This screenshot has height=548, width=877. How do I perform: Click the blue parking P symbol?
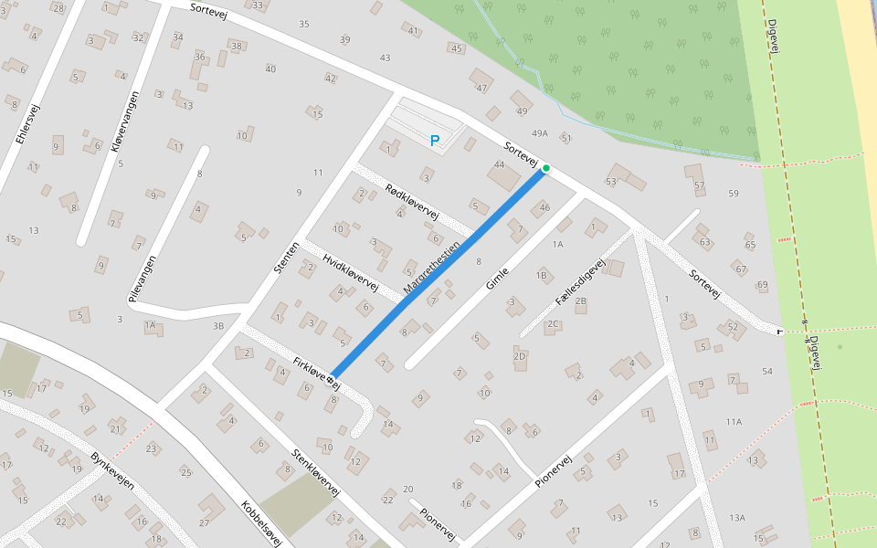point(435,141)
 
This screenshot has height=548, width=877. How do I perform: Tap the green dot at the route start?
point(546,168)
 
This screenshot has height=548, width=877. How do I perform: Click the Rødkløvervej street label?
point(412,202)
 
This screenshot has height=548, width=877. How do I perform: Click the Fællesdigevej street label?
point(580,282)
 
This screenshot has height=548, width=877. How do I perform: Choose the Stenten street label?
point(286,258)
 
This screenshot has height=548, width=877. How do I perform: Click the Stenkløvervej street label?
point(315,472)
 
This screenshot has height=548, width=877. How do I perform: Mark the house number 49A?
point(540,133)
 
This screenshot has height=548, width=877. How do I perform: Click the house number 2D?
point(520,356)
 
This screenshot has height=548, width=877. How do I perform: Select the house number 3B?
point(217,325)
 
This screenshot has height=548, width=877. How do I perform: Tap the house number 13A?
point(737,518)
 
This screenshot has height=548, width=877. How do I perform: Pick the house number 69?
point(763,286)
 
